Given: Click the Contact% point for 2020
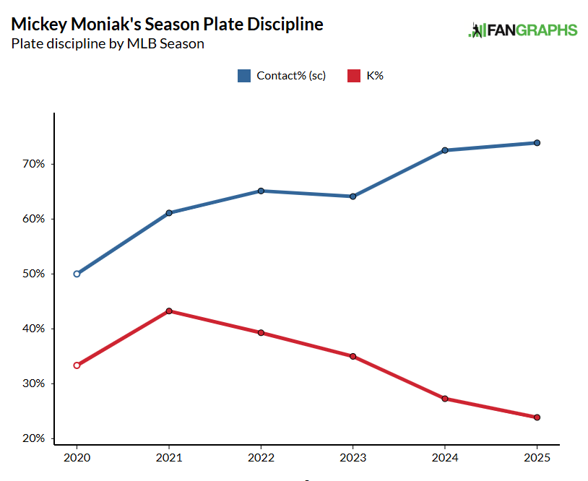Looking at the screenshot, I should click(77, 274).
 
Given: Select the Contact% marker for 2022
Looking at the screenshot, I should click(261, 191).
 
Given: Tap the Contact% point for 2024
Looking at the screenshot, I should click(445, 150).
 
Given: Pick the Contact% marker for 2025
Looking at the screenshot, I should click(537, 143).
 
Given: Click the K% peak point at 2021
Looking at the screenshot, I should click(169, 311).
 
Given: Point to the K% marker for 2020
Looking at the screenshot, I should click(77, 365).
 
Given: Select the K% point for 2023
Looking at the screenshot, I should click(353, 356).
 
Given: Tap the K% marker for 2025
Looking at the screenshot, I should click(537, 417).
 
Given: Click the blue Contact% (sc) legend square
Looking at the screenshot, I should click(244, 76).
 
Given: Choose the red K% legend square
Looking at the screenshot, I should click(354, 76).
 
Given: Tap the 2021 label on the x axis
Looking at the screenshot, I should click(169, 458).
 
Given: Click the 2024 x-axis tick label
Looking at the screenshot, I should click(445, 458).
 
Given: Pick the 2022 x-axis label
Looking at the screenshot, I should click(261, 458).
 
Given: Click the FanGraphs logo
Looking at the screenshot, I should click(522, 30).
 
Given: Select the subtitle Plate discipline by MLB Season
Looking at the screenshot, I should click(108, 44).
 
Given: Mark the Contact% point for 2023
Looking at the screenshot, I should click(353, 196).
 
